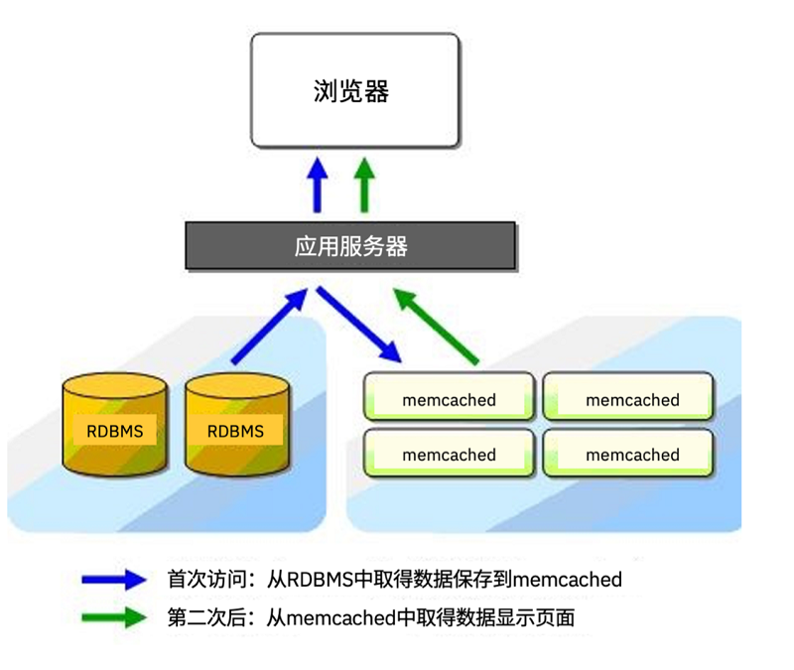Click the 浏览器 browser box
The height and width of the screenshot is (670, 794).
[355, 90]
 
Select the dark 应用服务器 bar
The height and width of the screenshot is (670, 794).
[350, 245]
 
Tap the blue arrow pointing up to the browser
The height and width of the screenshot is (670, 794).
[318, 185]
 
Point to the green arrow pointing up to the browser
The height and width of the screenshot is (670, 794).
[364, 185]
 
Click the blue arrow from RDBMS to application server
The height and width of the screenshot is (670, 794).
[269, 327]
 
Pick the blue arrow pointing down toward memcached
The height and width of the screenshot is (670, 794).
[359, 325]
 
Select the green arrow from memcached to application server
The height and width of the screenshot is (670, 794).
[436, 327]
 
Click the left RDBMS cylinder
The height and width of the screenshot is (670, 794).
[115, 425]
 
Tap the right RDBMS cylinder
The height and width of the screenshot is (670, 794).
[237, 425]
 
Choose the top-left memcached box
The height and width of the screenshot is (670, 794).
[450, 396]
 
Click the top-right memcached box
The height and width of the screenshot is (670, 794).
[628, 396]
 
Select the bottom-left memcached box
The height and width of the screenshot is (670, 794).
[450, 453]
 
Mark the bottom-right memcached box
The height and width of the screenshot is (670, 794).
[628, 453]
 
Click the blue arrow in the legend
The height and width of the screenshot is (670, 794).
[114, 580]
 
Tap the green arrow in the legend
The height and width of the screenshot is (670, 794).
[114, 617]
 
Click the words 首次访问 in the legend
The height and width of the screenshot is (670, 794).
[207, 580]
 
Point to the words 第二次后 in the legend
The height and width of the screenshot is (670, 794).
[207, 617]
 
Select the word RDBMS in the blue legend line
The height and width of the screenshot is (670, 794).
[320, 580]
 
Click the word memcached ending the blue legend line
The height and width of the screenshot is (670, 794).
[568, 580]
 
